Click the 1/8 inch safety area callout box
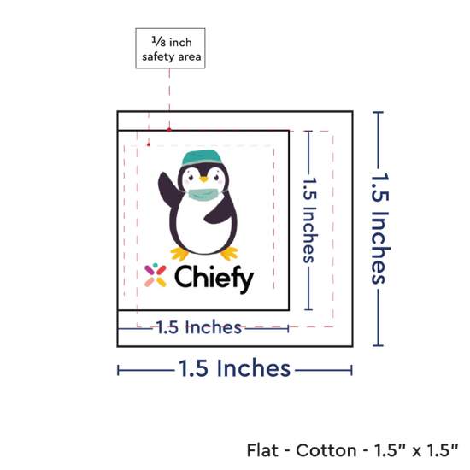(170, 48)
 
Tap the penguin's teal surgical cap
(202, 157)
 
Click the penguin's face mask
(203, 195)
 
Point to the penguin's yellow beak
(203, 179)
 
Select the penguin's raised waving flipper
(170, 191)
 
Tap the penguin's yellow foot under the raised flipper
(179, 254)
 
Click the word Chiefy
(214, 279)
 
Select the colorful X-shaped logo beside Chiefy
(156, 275)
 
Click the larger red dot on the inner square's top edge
(169, 130)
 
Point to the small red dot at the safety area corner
(149, 144)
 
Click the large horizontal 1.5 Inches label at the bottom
(234, 368)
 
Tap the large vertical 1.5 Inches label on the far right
(379, 228)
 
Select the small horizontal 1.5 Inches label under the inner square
(199, 327)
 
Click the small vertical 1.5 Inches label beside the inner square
(309, 220)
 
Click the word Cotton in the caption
(326, 450)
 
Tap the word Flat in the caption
(262, 450)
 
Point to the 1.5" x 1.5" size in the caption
(416, 450)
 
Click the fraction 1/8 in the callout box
(159, 41)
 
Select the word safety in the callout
(158, 57)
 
